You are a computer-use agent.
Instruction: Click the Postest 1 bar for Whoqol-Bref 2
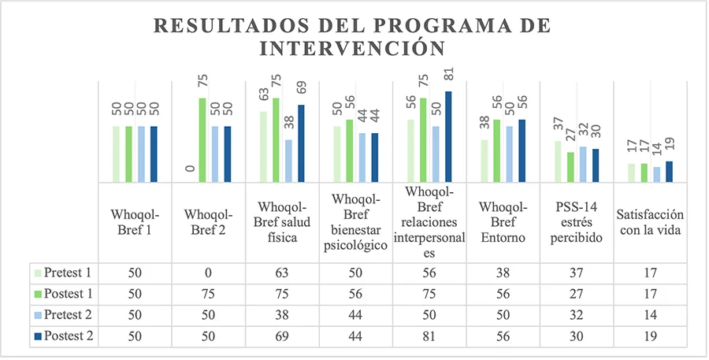[x=202, y=141]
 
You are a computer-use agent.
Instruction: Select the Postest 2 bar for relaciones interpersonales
[x=449, y=137]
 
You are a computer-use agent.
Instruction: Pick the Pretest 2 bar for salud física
[x=289, y=161]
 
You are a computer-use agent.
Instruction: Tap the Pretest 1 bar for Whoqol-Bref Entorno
[x=484, y=161]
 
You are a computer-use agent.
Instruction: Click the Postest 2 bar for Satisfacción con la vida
[x=669, y=172]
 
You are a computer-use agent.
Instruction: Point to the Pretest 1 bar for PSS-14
[x=558, y=162]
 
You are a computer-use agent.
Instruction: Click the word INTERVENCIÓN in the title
[x=354, y=49]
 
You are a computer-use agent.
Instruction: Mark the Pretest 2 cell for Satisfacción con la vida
[x=650, y=314]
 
